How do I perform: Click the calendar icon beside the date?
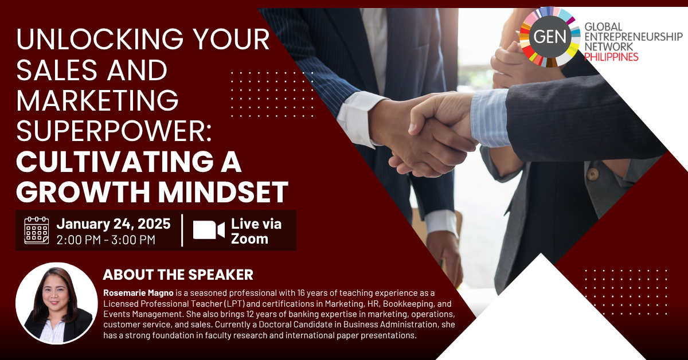click(37, 230)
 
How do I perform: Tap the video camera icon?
click(209, 230)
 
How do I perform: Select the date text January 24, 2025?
click(114, 224)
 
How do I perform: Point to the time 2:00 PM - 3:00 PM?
click(106, 240)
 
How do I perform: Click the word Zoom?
click(249, 238)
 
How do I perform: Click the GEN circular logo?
click(549, 37)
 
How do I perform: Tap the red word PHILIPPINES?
click(611, 57)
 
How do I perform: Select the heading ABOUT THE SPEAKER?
click(178, 275)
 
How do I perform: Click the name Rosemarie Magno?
click(138, 293)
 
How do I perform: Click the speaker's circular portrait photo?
click(57, 303)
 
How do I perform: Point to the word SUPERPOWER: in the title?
click(114, 131)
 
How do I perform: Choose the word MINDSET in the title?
click(223, 192)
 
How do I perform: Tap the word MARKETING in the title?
click(97, 100)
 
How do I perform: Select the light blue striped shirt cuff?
click(489, 118)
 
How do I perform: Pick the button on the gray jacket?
click(592, 174)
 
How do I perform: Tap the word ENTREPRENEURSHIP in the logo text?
click(634, 37)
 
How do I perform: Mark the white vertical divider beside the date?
click(182, 230)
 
